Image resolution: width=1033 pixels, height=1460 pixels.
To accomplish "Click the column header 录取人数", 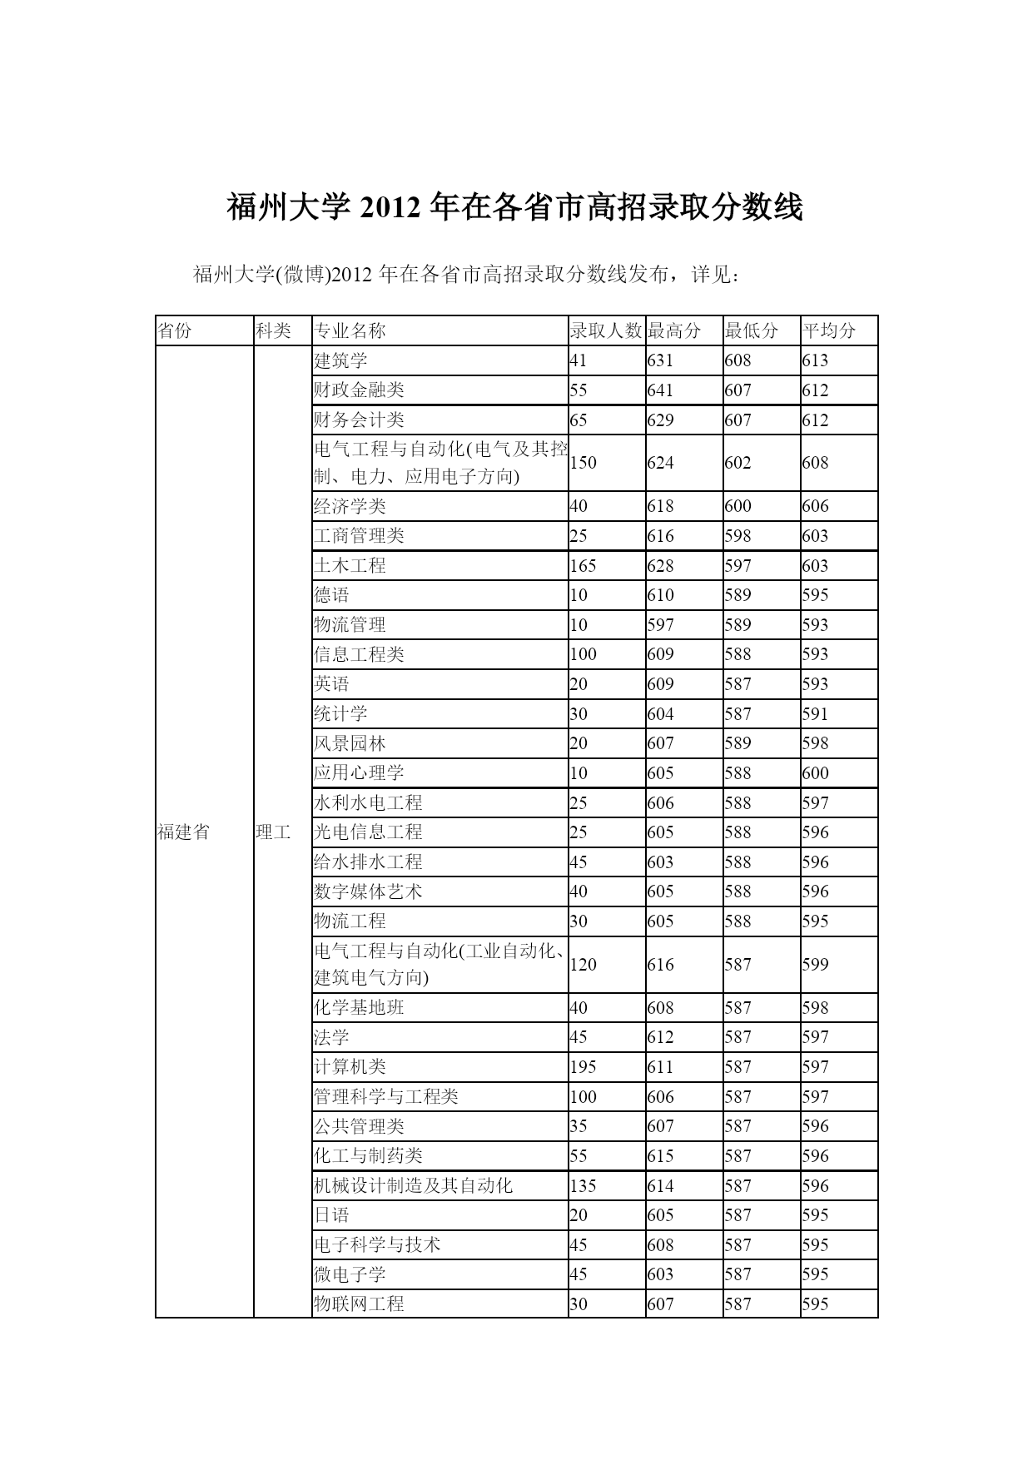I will (x=606, y=330).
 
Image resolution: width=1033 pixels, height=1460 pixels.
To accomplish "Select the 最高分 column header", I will (x=674, y=330).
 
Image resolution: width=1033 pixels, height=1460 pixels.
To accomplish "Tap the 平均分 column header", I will (x=829, y=330).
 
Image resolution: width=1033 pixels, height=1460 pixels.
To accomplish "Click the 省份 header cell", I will (x=175, y=330).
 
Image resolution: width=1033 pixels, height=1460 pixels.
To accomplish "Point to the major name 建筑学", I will (x=340, y=360).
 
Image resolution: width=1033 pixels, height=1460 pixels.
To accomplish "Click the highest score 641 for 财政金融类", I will (x=660, y=390).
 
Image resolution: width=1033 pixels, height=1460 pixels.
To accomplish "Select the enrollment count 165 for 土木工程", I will (x=583, y=566).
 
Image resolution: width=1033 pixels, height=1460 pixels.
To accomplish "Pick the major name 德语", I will (x=331, y=595).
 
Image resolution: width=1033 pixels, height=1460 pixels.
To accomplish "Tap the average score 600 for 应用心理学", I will (x=816, y=773).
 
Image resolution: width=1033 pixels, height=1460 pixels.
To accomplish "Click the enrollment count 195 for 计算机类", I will (x=583, y=1067).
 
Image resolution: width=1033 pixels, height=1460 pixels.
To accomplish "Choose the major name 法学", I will (x=331, y=1037).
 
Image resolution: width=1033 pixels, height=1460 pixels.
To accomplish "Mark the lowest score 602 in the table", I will (x=738, y=463).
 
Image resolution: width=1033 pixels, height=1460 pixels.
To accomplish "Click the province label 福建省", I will (x=184, y=832).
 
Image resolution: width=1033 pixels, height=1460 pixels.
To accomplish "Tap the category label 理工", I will (x=274, y=832).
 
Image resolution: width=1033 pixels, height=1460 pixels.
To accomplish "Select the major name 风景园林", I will (x=350, y=743).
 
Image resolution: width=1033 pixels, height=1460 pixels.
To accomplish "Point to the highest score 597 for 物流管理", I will (x=660, y=625).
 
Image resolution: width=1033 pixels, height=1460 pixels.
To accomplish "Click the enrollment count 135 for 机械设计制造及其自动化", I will (x=583, y=1186).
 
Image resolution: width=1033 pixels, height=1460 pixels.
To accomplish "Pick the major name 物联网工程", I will (x=359, y=1304).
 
